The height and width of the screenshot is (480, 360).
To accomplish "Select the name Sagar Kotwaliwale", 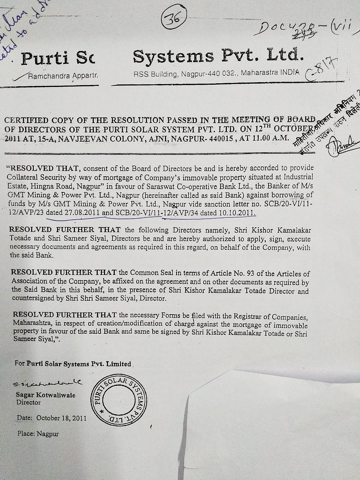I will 45,395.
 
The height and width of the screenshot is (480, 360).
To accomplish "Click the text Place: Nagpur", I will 38,433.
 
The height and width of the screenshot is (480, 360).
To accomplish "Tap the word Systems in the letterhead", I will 173,57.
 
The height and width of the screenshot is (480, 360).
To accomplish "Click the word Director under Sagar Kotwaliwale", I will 28,402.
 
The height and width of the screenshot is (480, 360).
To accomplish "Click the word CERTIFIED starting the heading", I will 27,121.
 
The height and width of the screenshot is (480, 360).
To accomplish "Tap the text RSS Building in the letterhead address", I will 156,74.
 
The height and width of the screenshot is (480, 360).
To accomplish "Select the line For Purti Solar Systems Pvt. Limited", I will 73,364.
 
